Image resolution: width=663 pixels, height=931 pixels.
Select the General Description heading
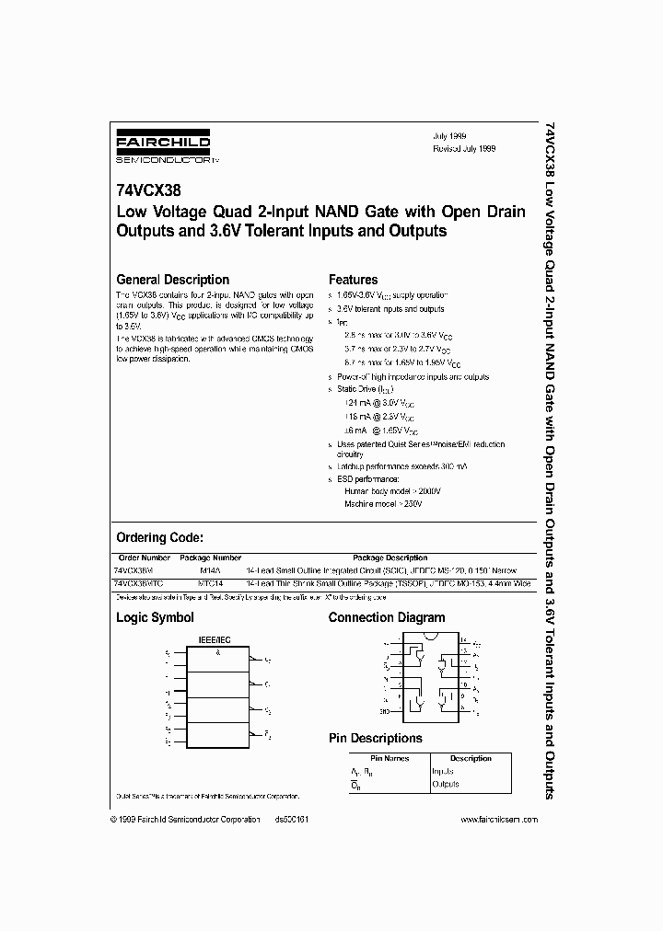pos(172,280)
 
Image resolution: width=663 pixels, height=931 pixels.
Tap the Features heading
pos(354,280)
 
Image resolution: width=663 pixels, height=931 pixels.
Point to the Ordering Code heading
pos(159,537)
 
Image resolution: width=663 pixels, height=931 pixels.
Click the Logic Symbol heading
pos(155,618)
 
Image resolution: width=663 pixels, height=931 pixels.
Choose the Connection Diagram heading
pos(387,618)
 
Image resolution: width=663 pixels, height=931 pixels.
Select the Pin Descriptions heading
pos(376,738)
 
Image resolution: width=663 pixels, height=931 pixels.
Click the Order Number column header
pos(145,557)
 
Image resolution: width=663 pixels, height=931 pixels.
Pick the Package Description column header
pos(390,557)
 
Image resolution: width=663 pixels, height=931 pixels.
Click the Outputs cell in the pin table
pos(446,784)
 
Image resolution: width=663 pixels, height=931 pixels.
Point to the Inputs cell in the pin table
pos(444,772)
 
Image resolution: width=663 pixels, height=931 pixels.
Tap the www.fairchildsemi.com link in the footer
pos(498,820)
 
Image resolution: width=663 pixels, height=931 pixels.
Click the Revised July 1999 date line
pos(465,148)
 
